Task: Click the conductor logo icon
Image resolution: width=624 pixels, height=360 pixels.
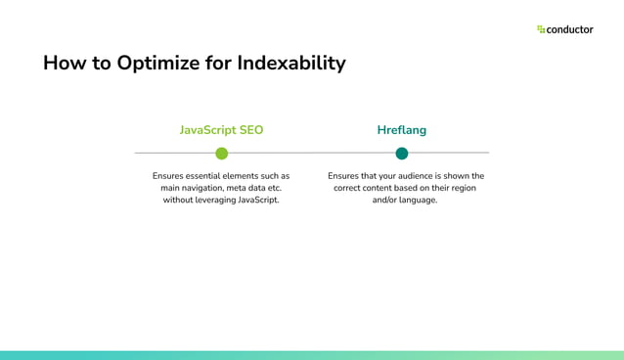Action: point(541,29)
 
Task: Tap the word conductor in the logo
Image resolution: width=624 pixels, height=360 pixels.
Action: point(570,29)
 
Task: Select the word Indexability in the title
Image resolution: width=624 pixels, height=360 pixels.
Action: point(292,64)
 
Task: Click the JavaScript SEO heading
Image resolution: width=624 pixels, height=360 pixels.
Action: point(221,130)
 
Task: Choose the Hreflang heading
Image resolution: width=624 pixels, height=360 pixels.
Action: point(401,130)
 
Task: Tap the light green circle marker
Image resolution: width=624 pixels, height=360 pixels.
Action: point(222,154)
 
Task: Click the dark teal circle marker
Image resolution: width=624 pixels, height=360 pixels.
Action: point(402,154)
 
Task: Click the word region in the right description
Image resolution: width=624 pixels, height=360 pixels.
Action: point(460,188)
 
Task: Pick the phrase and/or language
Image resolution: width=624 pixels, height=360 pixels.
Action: point(405,200)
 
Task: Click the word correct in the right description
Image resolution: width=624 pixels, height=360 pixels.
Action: point(349,188)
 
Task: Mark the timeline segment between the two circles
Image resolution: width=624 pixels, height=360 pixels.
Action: point(312,154)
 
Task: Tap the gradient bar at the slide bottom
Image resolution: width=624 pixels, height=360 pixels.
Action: point(312,355)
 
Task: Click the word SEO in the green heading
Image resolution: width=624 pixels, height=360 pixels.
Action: point(249,130)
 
